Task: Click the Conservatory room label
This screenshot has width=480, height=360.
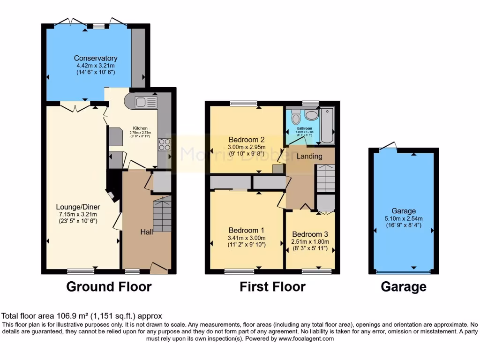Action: pos(95,59)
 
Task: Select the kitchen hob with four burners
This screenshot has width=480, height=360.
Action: pos(165,145)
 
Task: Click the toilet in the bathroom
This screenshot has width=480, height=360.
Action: pos(295,117)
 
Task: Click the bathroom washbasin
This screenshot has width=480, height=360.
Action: pos(311,115)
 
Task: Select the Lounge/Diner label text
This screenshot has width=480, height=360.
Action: pos(78,207)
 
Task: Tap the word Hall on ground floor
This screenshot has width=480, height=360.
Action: pos(147,232)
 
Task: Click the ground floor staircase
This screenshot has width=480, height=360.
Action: pos(162,215)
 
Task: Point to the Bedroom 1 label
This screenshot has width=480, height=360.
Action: pos(247,230)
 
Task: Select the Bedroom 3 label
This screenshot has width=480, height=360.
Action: pos(310,234)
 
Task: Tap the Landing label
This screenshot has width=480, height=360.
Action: pos(309,156)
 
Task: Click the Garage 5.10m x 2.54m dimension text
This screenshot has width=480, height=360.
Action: pos(404,218)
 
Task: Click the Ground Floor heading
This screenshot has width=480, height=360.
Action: pos(109,286)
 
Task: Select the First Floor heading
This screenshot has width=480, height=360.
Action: pos(272,286)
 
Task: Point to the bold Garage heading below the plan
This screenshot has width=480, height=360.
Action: pos(404,286)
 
